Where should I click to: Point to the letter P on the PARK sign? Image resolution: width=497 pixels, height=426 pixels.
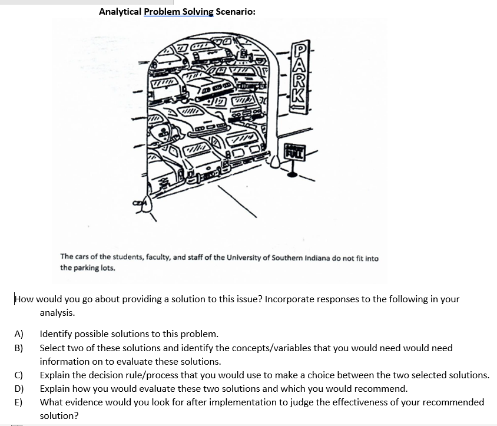pos(300,51)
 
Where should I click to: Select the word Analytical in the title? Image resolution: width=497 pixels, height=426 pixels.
pos(120,11)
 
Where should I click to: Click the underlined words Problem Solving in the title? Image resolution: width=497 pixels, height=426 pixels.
pos(179,11)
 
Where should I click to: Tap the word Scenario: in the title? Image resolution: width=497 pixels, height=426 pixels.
pos(236,11)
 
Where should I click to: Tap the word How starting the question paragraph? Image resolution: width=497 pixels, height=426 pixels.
pos(24,299)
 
